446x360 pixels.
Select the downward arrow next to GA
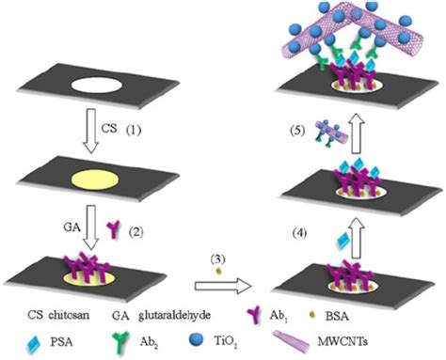(x=114, y=226)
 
